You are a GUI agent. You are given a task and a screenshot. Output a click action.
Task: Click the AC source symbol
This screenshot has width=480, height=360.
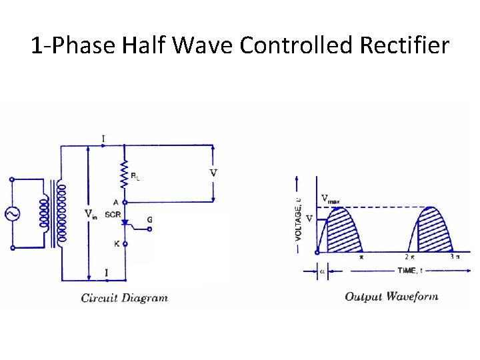pos(12,214)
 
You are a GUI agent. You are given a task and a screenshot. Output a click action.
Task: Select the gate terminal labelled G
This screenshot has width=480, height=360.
pos(149,219)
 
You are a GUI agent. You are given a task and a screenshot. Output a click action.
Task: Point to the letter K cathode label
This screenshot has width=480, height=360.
pos(117,244)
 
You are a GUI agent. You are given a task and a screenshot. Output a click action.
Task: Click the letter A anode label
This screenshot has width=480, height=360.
pos(117,202)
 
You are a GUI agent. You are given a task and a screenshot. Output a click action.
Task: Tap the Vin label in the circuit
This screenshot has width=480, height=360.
pos(90,214)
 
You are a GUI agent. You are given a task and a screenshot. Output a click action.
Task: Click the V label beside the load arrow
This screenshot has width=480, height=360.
pos(213,173)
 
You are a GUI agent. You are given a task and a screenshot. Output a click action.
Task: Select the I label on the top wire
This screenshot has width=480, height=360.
pos(103,139)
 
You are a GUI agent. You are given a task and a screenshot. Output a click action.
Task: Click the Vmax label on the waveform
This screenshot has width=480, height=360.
pos(330,198)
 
